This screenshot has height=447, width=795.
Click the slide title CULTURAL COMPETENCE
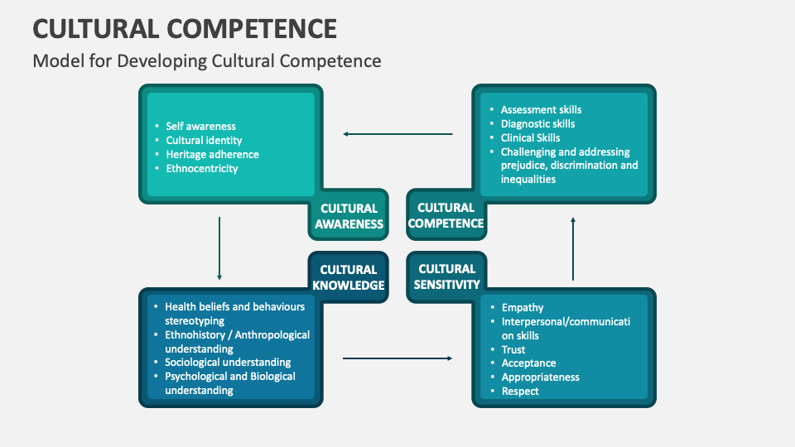[185, 28]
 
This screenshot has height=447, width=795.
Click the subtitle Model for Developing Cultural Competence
[207, 60]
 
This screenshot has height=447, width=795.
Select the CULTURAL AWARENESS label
[349, 216]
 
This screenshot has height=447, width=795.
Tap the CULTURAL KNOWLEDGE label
[349, 277]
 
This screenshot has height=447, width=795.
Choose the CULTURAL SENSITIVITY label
[446, 276]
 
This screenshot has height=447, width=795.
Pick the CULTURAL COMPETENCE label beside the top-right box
[446, 215]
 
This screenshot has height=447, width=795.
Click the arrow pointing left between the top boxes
[398, 133]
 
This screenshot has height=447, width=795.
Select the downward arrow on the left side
[219, 248]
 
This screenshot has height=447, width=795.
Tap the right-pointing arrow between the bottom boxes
[397, 358]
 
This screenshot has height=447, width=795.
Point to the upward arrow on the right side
[572, 248]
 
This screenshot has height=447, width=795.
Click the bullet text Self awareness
[200, 127]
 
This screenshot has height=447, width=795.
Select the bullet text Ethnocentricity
[202, 169]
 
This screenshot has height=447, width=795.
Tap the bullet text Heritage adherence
[212, 155]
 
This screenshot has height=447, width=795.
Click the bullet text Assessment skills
[541, 110]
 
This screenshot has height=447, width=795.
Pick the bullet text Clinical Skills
[530, 138]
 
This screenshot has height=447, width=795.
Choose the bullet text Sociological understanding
[228, 363]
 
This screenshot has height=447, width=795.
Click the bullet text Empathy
[523, 308]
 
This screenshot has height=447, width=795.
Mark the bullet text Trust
[513, 350]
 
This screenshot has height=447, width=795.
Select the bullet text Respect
[520, 392]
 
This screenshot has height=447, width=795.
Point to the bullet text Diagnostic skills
[537, 124]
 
